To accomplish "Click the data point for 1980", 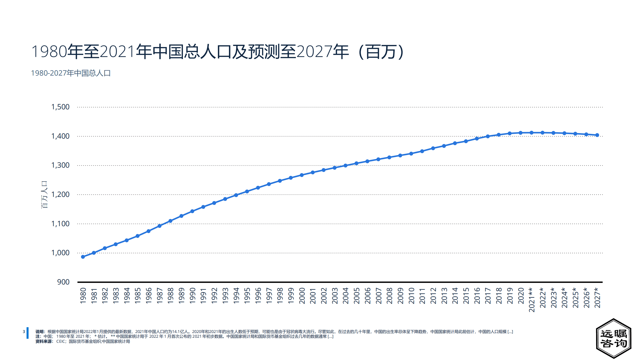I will (83, 257).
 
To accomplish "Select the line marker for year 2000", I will (302, 175).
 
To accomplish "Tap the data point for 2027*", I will (597, 135).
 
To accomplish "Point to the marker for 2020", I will (521, 133).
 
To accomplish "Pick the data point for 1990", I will (192, 211).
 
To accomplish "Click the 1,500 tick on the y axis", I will (60, 107).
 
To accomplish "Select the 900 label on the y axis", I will (63, 282).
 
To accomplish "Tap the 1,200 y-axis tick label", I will (60, 194).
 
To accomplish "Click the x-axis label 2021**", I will (532, 300).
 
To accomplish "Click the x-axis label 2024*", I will (564, 297).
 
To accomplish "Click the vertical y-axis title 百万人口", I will (44, 195).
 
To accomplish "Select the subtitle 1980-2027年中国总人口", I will (71, 73).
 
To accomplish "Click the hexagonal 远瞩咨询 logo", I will (613, 338).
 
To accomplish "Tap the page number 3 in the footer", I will (24, 331).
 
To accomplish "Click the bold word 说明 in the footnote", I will (40, 331).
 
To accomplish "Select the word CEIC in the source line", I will (61, 341).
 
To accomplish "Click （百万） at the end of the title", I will (381, 52).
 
